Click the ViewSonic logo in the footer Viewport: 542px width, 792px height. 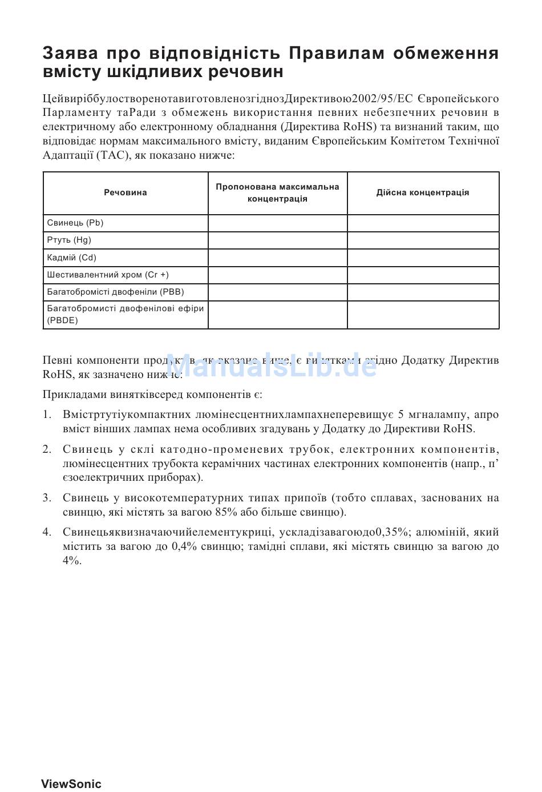click(71, 784)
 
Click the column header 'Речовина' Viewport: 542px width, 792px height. click(126, 193)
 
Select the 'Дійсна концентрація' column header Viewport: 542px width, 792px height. click(423, 192)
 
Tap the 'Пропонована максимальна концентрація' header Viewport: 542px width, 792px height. click(277, 193)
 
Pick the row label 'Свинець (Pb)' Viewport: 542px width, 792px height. click(75, 223)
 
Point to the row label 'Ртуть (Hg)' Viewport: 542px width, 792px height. click(69, 240)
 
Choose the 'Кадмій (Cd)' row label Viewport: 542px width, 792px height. click(72, 258)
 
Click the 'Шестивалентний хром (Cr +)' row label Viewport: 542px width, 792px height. click(108, 275)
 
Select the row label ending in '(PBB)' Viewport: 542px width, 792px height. click(116, 292)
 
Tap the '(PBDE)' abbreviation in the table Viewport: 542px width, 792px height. click(63, 320)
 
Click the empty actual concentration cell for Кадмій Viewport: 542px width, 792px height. click(423, 258)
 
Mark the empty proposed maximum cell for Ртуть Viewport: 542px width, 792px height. click(277, 240)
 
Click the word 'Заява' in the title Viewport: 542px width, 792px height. click(70, 53)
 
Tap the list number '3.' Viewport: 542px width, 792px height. click(47, 498)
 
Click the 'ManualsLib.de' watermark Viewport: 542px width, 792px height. click(271, 365)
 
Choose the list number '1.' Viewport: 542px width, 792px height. click(47, 415)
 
